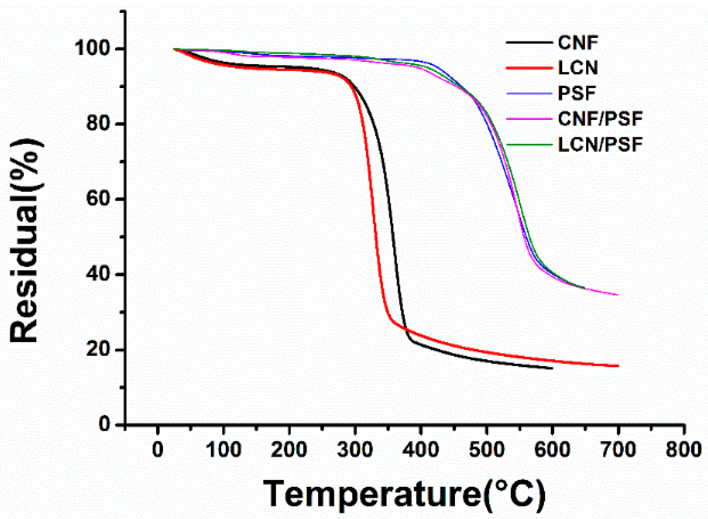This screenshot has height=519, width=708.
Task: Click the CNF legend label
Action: tap(578, 43)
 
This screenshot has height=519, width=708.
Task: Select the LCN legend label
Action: tap(578, 68)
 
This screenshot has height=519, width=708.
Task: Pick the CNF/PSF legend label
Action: tap(600, 119)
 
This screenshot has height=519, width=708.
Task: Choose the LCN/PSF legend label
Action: tap(600, 145)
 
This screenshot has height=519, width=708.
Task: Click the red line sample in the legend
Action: tap(529, 68)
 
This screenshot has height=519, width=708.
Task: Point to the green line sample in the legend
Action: tap(529, 145)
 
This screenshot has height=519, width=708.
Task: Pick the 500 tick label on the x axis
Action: tap(486, 449)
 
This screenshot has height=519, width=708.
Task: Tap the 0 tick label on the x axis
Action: tap(158, 449)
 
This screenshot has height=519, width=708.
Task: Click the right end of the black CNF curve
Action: tap(552, 368)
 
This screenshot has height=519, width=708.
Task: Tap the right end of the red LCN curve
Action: tap(618, 366)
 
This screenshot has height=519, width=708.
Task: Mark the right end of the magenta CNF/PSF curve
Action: tap(618, 295)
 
